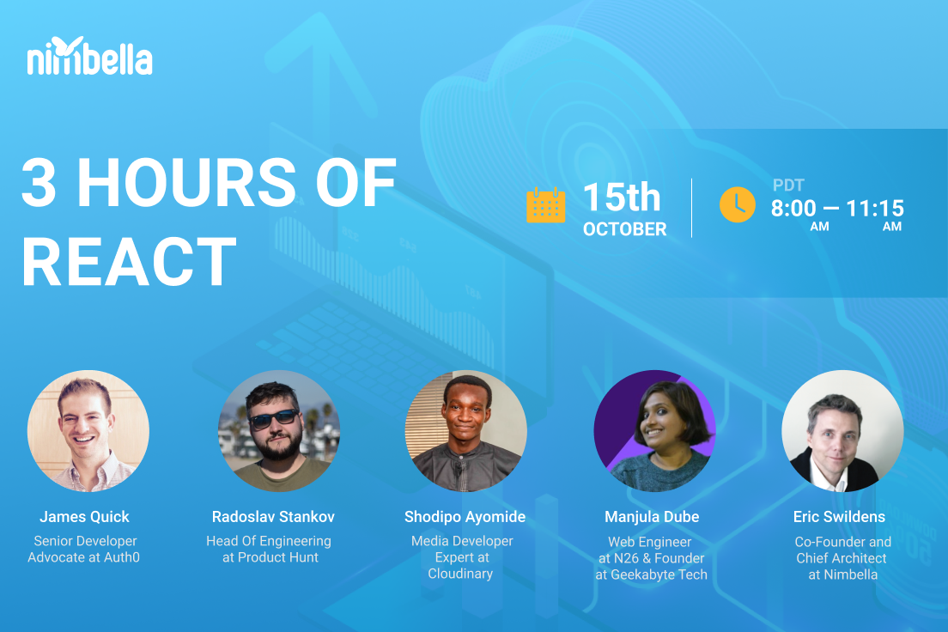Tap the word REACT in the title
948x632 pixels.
pos(129,261)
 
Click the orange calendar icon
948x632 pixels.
pos(545,205)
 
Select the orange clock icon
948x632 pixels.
pos(737,204)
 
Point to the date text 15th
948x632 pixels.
pos(622,197)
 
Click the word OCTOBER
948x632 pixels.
pos(624,229)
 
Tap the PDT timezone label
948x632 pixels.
pos(787,185)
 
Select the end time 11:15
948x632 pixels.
pos(875,208)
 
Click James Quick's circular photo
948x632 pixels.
pos(88,431)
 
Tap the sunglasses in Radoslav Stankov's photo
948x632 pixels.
pos(273,417)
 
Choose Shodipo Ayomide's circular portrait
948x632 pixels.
pos(465,431)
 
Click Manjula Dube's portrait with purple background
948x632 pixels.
pos(654,431)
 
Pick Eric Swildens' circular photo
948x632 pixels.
pos(842,431)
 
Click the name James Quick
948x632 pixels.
pos(84,517)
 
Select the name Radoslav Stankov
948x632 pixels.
pos(273,517)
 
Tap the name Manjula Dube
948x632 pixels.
pos(652,517)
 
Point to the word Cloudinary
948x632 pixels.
pos(460,574)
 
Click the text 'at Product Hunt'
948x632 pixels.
pos(270,557)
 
